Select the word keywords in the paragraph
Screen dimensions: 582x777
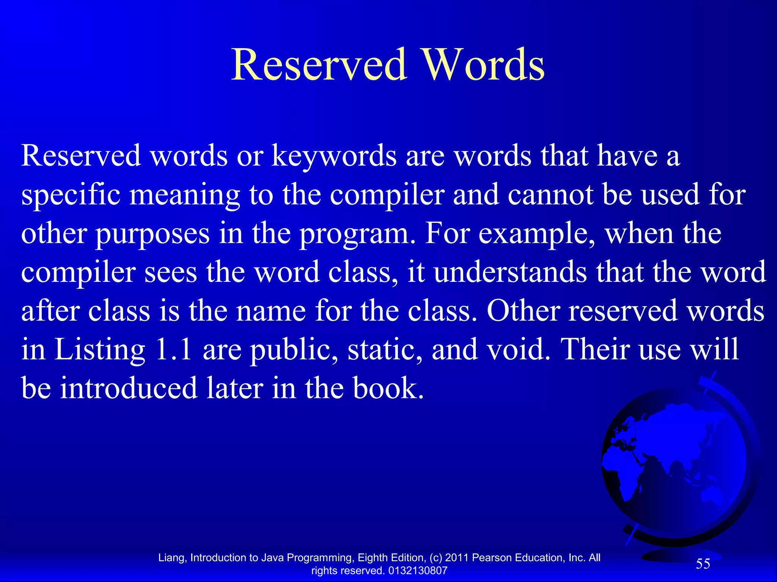(334, 156)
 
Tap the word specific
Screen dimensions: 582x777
(71, 195)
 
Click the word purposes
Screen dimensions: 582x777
(152, 234)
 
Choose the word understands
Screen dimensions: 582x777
(510, 272)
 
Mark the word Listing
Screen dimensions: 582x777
(99, 349)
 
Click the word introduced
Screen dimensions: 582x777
(129, 388)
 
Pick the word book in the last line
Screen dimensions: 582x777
(388, 388)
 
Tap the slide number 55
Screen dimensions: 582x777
(703, 564)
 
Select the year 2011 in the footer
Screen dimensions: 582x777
(457, 558)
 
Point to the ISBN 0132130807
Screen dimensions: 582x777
(418, 571)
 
